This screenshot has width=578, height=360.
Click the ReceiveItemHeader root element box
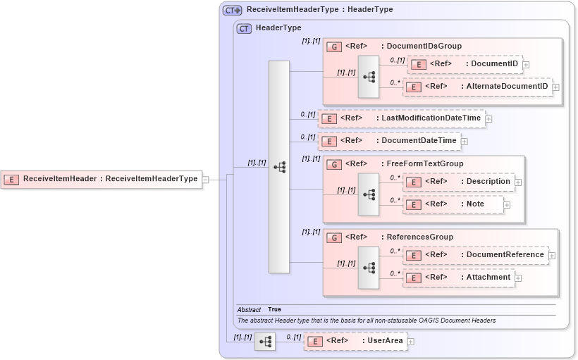(102, 179)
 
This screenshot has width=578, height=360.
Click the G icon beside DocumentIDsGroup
(335, 46)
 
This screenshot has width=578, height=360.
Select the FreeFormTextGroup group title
(425, 163)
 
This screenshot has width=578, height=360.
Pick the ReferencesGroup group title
(420, 237)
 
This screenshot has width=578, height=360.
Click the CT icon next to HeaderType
(244, 28)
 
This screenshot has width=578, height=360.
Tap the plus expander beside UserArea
(411, 342)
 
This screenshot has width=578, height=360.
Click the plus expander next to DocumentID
(526, 65)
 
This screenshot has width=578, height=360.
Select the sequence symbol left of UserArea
(265, 342)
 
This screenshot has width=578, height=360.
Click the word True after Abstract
(274, 309)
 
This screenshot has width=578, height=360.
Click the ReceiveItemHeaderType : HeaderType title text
(319, 10)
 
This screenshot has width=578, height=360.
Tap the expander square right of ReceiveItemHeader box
(206, 180)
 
